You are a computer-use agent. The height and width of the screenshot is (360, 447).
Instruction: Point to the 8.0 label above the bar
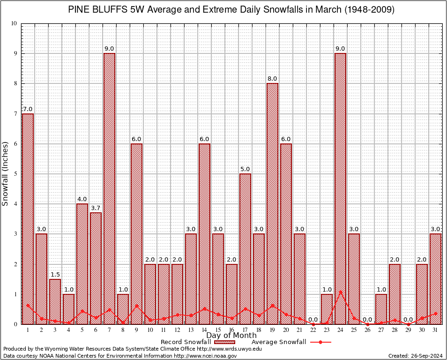click(x=272, y=79)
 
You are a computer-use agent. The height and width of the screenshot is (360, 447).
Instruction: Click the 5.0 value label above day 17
click(x=245, y=169)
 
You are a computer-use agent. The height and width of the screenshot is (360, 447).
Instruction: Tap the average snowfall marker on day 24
click(x=340, y=292)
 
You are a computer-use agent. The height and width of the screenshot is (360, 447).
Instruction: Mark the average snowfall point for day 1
click(x=28, y=305)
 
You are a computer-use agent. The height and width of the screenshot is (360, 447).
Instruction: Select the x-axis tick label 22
click(x=313, y=330)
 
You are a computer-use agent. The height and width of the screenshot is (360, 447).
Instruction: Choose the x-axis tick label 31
click(x=435, y=330)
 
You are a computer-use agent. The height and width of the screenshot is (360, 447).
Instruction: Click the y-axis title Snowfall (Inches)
click(x=6, y=173)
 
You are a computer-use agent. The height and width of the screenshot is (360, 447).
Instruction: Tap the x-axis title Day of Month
click(x=231, y=336)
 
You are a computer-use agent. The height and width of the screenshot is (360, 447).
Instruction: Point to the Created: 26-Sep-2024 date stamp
click(x=416, y=356)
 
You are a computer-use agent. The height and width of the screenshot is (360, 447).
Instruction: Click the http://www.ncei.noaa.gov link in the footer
click(x=205, y=356)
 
